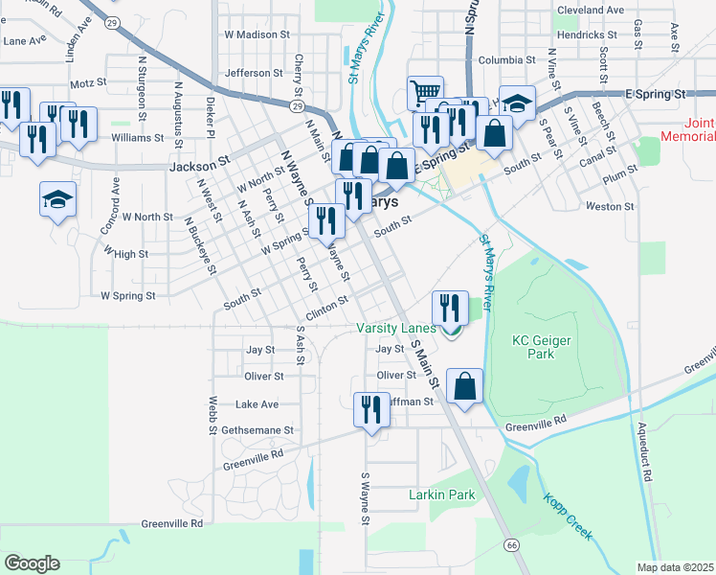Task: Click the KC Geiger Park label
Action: (x=533, y=347)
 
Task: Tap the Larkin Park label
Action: (x=441, y=495)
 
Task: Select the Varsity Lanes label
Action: (x=396, y=328)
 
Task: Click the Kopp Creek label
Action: (x=568, y=515)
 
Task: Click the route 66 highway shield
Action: (x=513, y=544)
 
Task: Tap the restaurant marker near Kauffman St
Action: (x=369, y=409)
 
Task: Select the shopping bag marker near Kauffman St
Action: (x=464, y=386)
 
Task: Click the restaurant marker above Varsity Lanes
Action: (x=450, y=308)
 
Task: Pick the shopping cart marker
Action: (x=425, y=94)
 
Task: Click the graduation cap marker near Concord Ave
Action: (x=57, y=199)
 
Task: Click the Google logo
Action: (x=32, y=563)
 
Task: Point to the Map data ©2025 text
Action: (x=676, y=567)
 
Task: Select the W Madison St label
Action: (x=257, y=34)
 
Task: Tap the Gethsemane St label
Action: (x=257, y=431)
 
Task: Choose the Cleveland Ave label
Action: (x=590, y=11)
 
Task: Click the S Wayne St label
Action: (x=365, y=496)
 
